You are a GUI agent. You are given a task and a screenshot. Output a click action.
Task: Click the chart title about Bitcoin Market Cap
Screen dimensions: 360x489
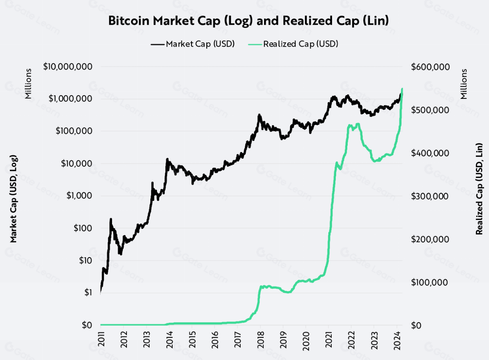[x=248, y=21]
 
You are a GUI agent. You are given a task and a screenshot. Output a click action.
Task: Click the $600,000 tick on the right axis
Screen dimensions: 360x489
[x=430, y=67]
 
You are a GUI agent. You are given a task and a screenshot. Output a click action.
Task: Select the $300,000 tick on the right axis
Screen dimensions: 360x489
[x=430, y=196]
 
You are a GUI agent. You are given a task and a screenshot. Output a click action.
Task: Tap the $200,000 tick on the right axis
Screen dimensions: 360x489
[x=430, y=239]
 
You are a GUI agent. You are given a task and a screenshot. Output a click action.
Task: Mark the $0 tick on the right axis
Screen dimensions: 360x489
[x=416, y=325]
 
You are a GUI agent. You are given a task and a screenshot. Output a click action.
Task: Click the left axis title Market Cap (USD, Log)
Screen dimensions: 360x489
[x=14, y=199]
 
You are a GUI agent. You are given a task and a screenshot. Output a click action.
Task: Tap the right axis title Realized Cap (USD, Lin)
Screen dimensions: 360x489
[x=479, y=189]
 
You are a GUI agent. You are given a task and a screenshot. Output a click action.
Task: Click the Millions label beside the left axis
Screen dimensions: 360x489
[x=28, y=84]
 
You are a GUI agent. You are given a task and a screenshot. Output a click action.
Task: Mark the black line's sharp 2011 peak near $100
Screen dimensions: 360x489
[x=111, y=220]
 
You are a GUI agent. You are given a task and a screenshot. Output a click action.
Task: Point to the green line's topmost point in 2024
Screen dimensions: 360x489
[x=402, y=89]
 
